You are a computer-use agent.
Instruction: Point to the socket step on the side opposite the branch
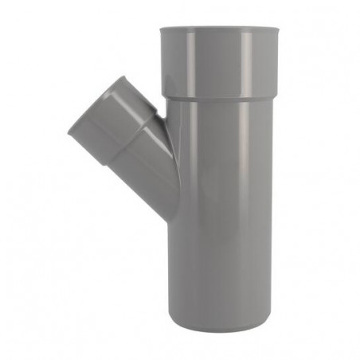tap(272, 97)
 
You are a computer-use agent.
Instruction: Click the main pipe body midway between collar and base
tap(219, 215)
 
